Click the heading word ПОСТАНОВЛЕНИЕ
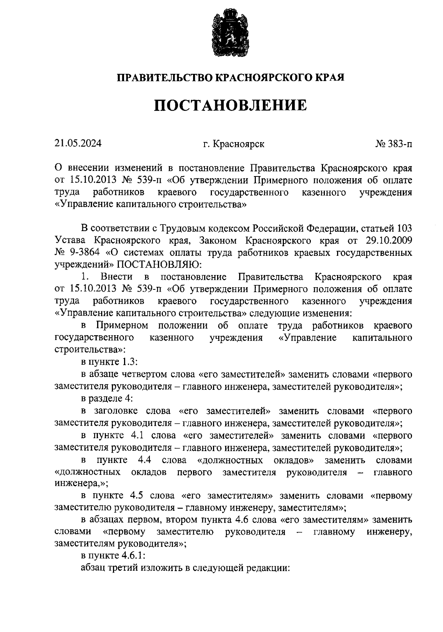230,105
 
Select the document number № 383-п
394,144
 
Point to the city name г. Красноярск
233,144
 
